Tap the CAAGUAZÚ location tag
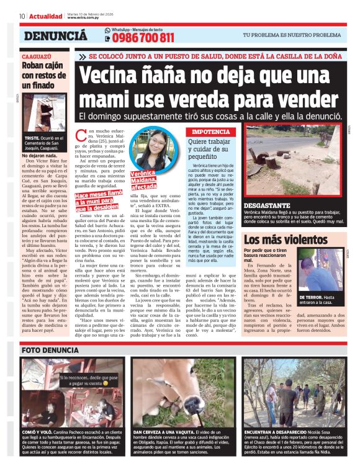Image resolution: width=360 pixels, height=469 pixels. click(36, 56)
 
